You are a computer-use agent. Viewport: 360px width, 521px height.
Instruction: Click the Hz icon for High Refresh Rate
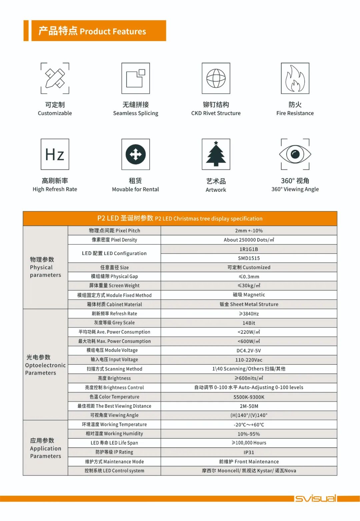click(55, 154)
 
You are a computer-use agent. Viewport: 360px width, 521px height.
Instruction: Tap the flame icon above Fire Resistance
click(295, 78)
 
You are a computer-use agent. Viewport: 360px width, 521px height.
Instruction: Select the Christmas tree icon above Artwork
click(216, 154)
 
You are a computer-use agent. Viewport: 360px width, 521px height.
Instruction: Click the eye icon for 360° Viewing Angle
click(295, 154)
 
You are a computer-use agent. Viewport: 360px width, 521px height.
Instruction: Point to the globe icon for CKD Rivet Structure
click(216, 78)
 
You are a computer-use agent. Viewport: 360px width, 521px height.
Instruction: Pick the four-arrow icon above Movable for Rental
click(136, 154)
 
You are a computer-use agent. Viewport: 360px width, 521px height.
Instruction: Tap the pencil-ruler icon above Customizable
click(55, 78)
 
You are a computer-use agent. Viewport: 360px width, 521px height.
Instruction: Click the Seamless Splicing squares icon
click(136, 78)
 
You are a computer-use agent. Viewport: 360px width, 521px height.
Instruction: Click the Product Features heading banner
click(99, 31)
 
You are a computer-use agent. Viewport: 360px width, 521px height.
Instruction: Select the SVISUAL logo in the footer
click(315, 498)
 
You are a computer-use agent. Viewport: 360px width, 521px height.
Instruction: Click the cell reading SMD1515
click(249, 258)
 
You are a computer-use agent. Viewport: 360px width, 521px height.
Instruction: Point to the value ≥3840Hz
click(249, 314)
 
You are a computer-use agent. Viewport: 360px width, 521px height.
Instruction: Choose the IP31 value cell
click(249, 452)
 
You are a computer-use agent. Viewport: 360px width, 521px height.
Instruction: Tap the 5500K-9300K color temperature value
click(249, 397)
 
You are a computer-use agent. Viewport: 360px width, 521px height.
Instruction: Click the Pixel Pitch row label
click(114, 231)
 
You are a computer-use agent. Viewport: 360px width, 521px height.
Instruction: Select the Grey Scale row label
click(114, 323)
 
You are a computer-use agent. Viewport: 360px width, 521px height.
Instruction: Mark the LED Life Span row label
click(114, 443)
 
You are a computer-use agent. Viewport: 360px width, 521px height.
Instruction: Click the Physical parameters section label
click(45, 267)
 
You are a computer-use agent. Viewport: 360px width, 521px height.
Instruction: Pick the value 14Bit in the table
click(249, 323)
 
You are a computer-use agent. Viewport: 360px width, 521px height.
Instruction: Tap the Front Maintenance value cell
click(249, 462)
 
